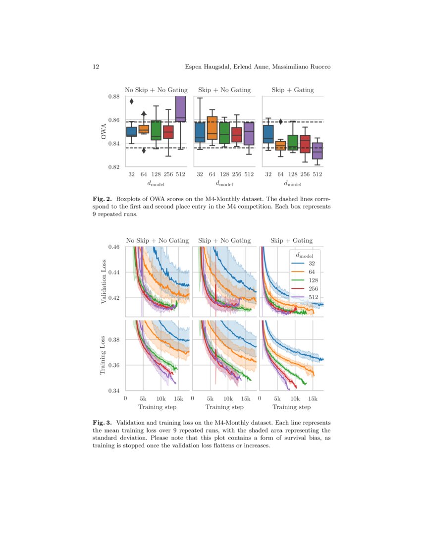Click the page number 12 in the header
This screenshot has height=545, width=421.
click(96, 67)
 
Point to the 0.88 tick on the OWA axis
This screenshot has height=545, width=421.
click(115, 97)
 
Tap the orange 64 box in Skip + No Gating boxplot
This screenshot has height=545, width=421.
click(212, 128)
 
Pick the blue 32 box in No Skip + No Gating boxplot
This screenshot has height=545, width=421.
click(132, 132)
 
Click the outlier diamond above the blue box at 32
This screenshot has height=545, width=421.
click(132, 102)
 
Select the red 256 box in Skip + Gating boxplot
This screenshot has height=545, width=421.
click(305, 144)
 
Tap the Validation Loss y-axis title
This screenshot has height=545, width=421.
click(104, 281)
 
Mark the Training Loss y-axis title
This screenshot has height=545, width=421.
click(104, 356)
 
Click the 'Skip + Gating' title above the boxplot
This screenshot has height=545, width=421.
click(292, 90)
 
